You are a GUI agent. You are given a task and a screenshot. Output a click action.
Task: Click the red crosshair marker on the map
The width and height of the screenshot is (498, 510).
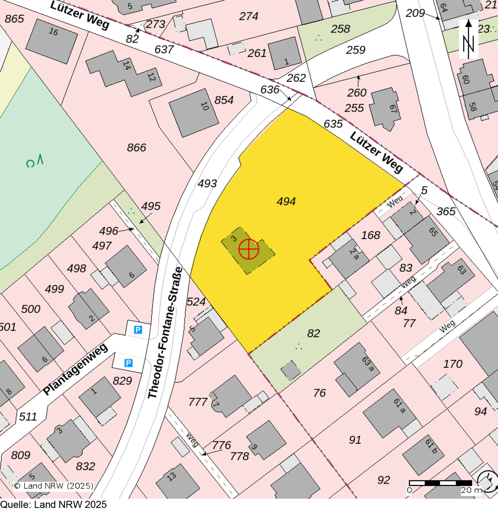[x=249, y=249]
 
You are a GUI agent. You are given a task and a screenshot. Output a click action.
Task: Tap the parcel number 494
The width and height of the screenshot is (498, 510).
[x=286, y=201]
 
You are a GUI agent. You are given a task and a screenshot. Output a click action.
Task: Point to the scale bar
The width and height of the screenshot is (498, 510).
[x=441, y=483]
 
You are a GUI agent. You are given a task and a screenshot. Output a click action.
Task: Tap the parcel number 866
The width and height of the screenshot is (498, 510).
[x=137, y=147]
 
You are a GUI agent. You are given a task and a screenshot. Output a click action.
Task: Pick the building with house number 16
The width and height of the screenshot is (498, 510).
[x=51, y=41]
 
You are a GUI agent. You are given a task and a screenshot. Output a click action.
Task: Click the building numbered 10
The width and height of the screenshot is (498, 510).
[x=194, y=113]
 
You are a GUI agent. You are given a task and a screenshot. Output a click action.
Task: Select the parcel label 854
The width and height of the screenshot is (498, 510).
[x=224, y=100]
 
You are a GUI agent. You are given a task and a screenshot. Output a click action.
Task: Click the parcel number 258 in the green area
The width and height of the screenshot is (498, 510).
[x=340, y=29]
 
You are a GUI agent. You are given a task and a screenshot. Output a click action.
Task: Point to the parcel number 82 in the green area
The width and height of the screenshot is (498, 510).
[x=313, y=333]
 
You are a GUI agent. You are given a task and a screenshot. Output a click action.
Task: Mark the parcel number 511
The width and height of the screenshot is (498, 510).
[x=28, y=417]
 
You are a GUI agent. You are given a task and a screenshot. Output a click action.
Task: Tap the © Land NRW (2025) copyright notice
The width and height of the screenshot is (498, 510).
[x=54, y=486]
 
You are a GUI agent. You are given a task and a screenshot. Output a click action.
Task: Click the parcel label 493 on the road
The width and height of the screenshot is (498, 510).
[x=207, y=183]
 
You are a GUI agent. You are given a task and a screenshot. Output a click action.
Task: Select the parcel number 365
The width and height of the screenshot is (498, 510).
[x=446, y=211]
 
